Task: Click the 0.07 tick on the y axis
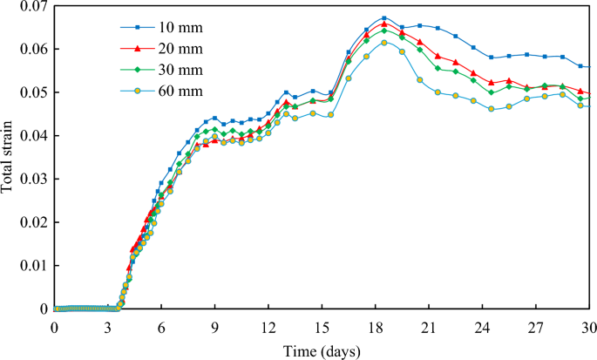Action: point(31,7)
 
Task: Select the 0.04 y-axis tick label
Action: point(31,136)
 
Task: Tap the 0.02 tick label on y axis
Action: point(31,222)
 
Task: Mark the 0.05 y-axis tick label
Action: point(31,92)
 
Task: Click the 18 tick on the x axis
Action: point(376,325)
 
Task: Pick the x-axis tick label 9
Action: point(215,325)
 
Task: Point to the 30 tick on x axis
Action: point(589,325)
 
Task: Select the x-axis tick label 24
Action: point(483,325)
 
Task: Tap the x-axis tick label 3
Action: point(108,325)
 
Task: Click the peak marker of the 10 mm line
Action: point(383,18)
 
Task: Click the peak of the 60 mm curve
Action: point(383,43)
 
